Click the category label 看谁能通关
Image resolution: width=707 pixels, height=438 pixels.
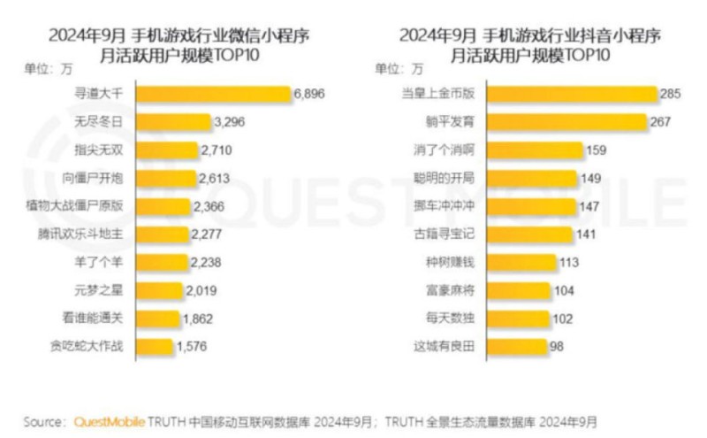pyautogui.click(x=100, y=319)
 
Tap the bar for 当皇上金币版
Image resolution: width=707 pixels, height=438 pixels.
pyautogui.click(x=571, y=94)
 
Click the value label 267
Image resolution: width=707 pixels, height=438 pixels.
pyautogui.click(x=662, y=122)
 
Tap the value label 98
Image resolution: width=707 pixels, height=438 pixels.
pyautogui.click(x=557, y=346)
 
